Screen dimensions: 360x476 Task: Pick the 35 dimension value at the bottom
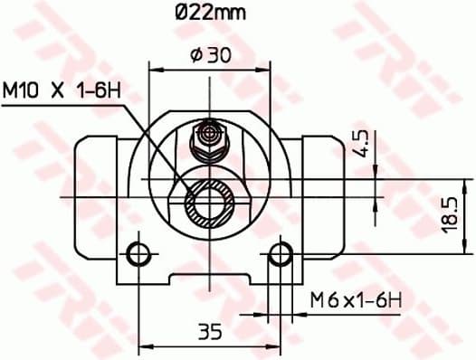point(210,332)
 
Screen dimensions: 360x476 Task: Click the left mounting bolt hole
point(138,253)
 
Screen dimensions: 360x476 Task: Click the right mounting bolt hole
point(282,253)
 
